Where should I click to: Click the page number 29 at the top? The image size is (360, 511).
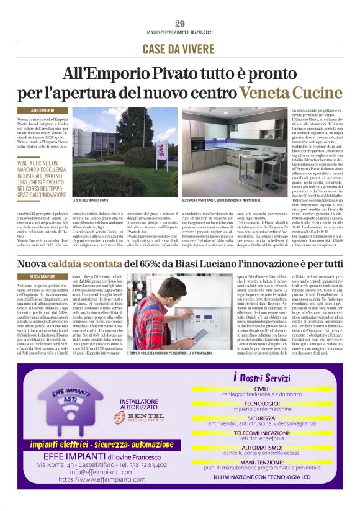(180, 24)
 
